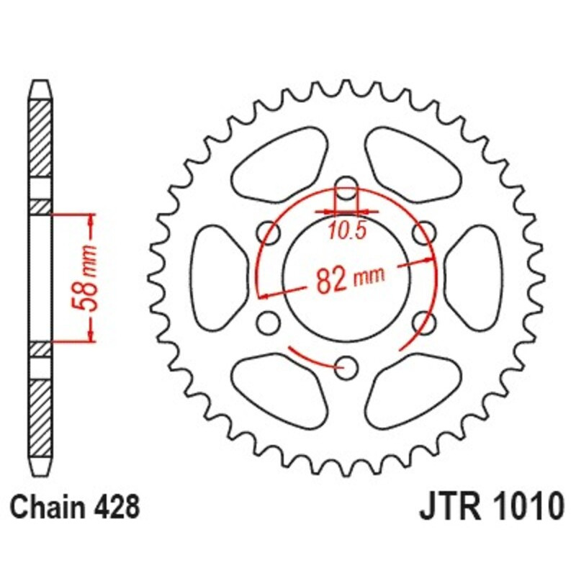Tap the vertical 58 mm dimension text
coord(88,277)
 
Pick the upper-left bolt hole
coord(269,232)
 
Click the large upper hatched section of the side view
coord(41,138)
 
